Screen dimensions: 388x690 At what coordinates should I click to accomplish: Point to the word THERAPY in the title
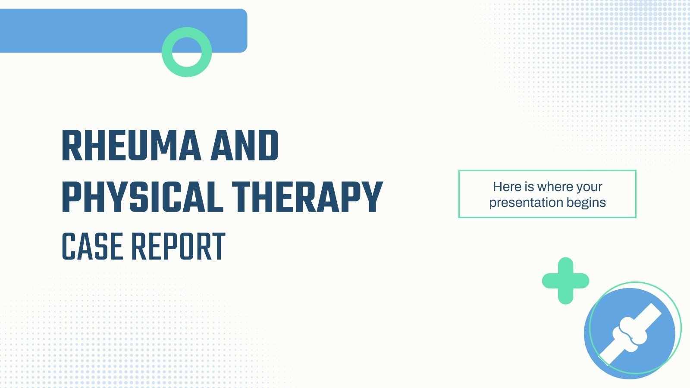point(307,197)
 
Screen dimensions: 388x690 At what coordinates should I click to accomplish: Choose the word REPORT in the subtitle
point(178,247)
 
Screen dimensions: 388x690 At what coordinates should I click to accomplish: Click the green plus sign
point(565,281)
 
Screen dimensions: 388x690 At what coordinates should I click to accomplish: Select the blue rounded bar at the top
point(86,31)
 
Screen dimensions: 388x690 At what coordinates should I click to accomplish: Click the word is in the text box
point(529,187)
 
